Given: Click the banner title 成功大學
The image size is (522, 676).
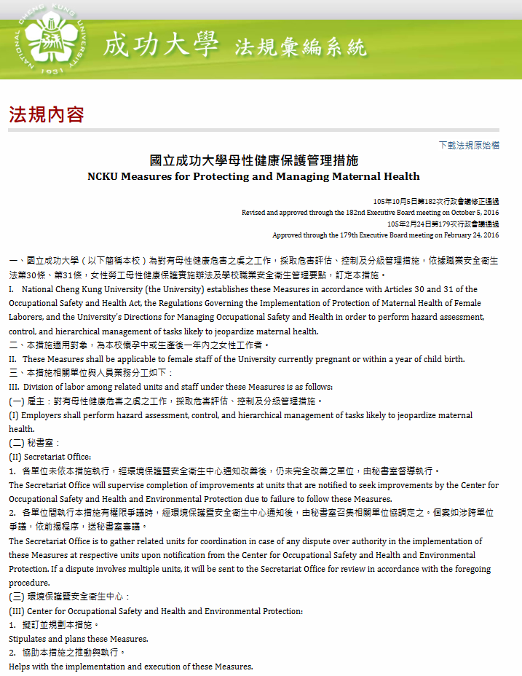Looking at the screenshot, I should click(x=161, y=45).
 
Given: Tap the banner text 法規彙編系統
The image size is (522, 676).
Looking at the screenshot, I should click(x=301, y=48).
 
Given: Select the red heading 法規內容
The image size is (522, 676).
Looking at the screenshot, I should click(x=47, y=114).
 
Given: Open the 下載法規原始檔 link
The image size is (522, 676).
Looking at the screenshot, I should click(x=469, y=145).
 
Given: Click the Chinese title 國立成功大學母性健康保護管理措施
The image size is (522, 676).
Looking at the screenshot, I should click(x=253, y=160).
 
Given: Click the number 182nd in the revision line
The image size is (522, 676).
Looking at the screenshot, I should click(x=352, y=213).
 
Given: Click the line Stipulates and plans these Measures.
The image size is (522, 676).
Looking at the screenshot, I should click(x=79, y=639).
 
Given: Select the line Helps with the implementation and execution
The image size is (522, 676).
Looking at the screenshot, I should click(x=131, y=667).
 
